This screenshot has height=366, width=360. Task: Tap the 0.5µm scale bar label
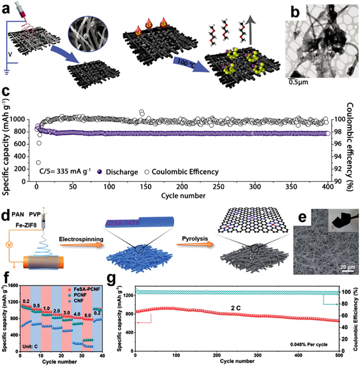(x=296, y=82)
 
